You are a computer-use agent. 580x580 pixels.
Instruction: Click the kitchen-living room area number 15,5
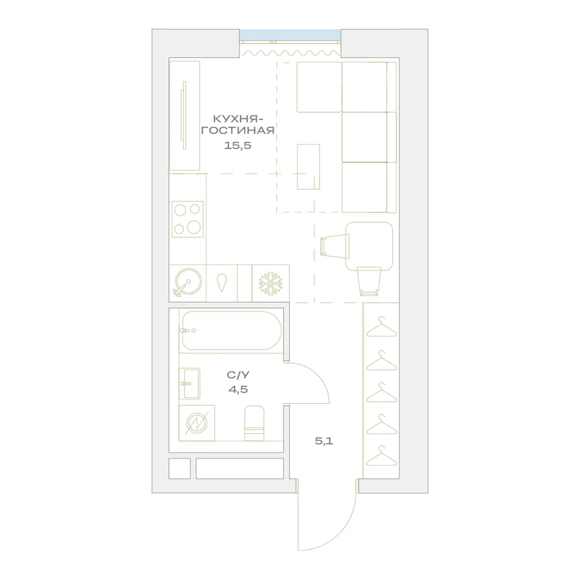point(237,146)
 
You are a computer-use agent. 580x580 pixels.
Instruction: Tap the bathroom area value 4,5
point(238,389)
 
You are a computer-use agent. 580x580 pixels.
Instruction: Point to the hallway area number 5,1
point(324,441)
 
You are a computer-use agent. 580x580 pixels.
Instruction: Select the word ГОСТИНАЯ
point(237,130)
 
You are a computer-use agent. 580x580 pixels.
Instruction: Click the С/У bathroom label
point(238,375)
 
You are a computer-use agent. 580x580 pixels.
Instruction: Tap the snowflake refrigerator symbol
point(270,284)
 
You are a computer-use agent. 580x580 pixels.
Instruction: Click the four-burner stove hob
point(187,219)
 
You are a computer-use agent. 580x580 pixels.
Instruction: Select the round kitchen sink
point(188,282)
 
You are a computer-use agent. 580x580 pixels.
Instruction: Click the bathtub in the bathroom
point(230,331)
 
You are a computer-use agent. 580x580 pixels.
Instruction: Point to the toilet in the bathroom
point(255,423)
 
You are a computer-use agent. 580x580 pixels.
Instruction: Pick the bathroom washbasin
point(190,383)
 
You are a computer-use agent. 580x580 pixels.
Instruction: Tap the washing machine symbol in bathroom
point(197,423)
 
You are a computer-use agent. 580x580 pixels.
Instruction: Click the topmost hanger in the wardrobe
point(382,327)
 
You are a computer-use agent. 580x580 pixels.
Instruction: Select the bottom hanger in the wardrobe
point(382,456)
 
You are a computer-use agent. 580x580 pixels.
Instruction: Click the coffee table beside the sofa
point(309,167)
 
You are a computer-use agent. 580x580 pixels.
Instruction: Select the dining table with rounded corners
point(369,246)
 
